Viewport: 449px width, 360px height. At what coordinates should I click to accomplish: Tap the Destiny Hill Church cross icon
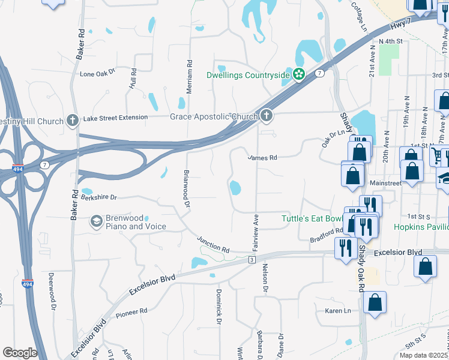click(x=73, y=121)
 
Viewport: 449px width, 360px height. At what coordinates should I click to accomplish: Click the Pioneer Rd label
click(x=132, y=312)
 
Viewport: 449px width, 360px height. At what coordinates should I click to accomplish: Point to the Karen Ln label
click(x=337, y=311)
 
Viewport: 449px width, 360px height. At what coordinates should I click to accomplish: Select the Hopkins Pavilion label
click(x=421, y=227)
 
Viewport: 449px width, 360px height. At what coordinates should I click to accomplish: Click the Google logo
click(x=20, y=353)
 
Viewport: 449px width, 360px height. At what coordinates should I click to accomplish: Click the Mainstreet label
click(x=385, y=182)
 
